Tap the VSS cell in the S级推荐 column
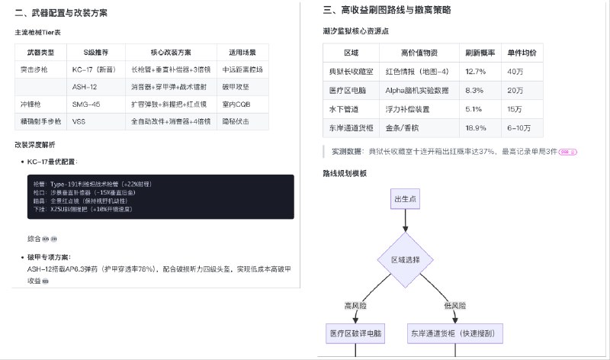tap(79, 121)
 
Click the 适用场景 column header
tap(242, 53)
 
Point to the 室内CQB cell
tap(236, 104)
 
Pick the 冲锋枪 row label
tap(32, 104)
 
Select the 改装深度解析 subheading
tap(34, 144)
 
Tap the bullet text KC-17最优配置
tap(52, 162)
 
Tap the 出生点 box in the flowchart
tap(405, 199)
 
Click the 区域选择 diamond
tap(405, 259)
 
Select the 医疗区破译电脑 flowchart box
tap(357, 333)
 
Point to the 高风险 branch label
tap(356, 305)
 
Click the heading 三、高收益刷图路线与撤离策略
tap(387, 10)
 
